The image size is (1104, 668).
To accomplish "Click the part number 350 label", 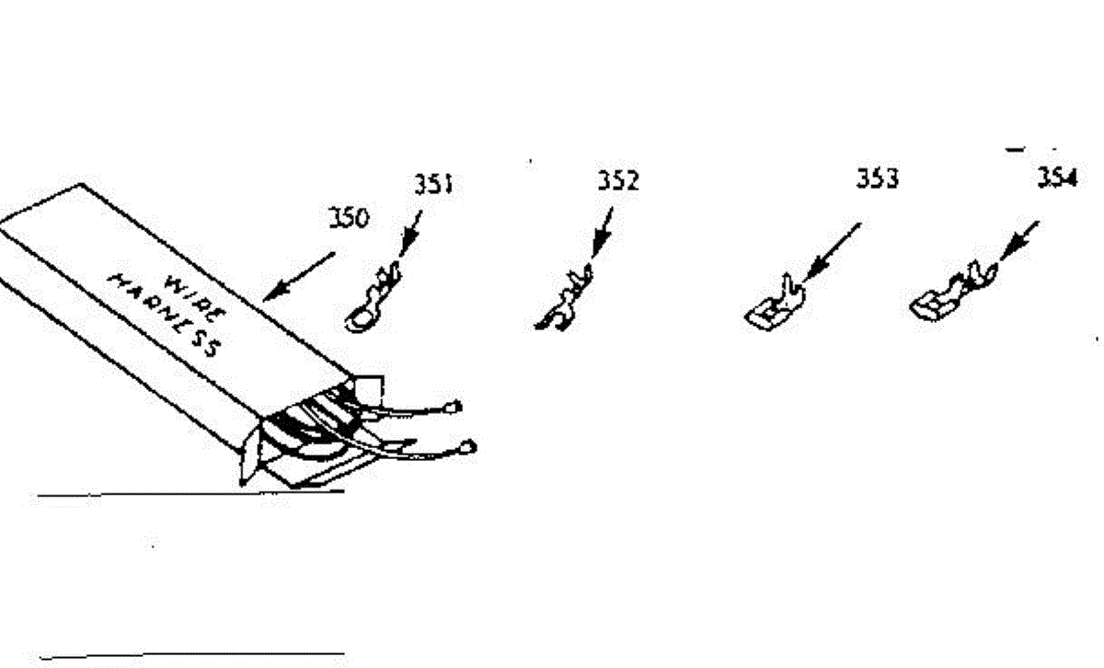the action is (x=349, y=218).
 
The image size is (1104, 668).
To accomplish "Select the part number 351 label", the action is (x=431, y=184).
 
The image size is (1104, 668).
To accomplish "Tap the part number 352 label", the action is (x=617, y=180).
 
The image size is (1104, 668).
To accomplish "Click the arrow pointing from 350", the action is (x=300, y=276).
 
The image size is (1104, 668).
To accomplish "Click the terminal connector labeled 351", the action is (x=374, y=298).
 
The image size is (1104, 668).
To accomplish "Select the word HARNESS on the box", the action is (x=167, y=313).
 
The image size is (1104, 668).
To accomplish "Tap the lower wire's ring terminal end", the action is (x=467, y=447).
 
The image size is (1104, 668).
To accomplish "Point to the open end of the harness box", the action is (x=304, y=432).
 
